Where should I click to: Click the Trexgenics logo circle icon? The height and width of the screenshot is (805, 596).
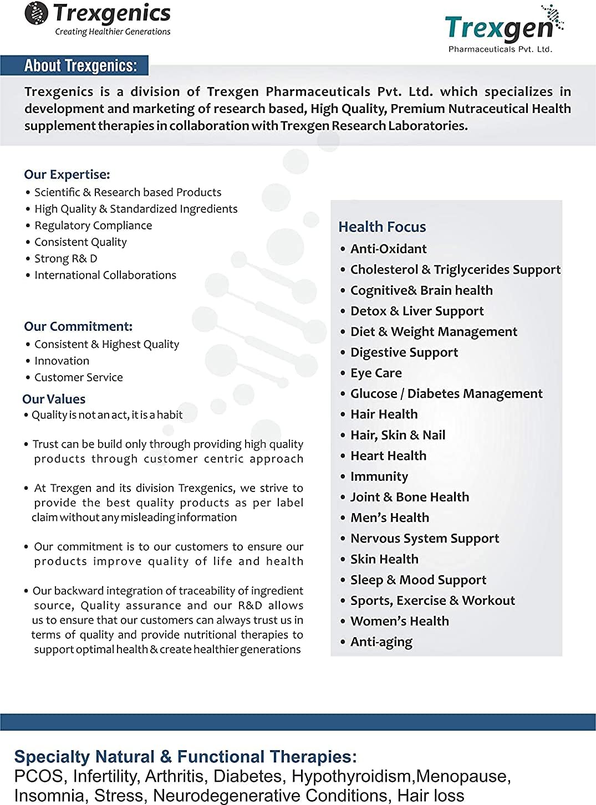37,13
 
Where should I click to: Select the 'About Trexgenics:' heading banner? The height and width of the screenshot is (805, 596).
80,65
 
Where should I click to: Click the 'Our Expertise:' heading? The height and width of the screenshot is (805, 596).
67,175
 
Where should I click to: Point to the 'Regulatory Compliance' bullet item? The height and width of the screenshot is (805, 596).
93,225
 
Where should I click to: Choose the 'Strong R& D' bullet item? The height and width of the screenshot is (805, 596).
65,259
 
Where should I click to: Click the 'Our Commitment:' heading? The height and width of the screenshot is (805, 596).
78,326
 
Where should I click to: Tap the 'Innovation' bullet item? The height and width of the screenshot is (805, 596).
62,361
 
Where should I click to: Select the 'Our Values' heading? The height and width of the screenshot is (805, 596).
54,399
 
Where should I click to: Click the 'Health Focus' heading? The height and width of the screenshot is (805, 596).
382,227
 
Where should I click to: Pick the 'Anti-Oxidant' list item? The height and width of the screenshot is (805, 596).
388,249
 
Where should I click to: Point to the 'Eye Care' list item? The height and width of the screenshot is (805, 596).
376,373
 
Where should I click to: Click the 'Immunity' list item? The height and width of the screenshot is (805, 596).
379,476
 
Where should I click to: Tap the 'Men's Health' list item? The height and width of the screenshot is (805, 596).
389,517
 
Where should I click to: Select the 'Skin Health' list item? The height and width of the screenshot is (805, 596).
384,559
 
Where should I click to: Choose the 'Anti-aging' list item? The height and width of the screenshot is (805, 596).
381,642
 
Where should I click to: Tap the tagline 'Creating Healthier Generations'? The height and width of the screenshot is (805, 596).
113,32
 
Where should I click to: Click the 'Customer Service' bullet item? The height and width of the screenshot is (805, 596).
78,377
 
